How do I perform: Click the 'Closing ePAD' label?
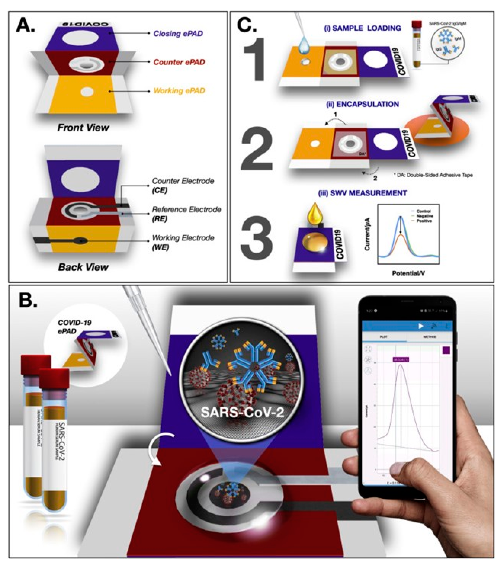click(x=178, y=34)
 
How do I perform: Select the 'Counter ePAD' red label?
click(x=179, y=62)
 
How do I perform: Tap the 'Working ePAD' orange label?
click(x=179, y=91)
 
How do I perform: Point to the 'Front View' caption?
click(x=83, y=128)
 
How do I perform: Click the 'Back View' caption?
click(x=83, y=267)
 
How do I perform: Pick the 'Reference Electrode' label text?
click(x=186, y=210)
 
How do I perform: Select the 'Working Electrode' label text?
click(x=183, y=238)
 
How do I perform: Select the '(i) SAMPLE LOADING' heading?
click(x=362, y=28)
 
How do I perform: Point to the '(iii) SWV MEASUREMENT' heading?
click(x=362, y=193)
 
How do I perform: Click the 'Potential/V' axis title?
click(x=408, y=273)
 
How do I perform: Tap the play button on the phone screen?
click(x=421, y=326)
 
